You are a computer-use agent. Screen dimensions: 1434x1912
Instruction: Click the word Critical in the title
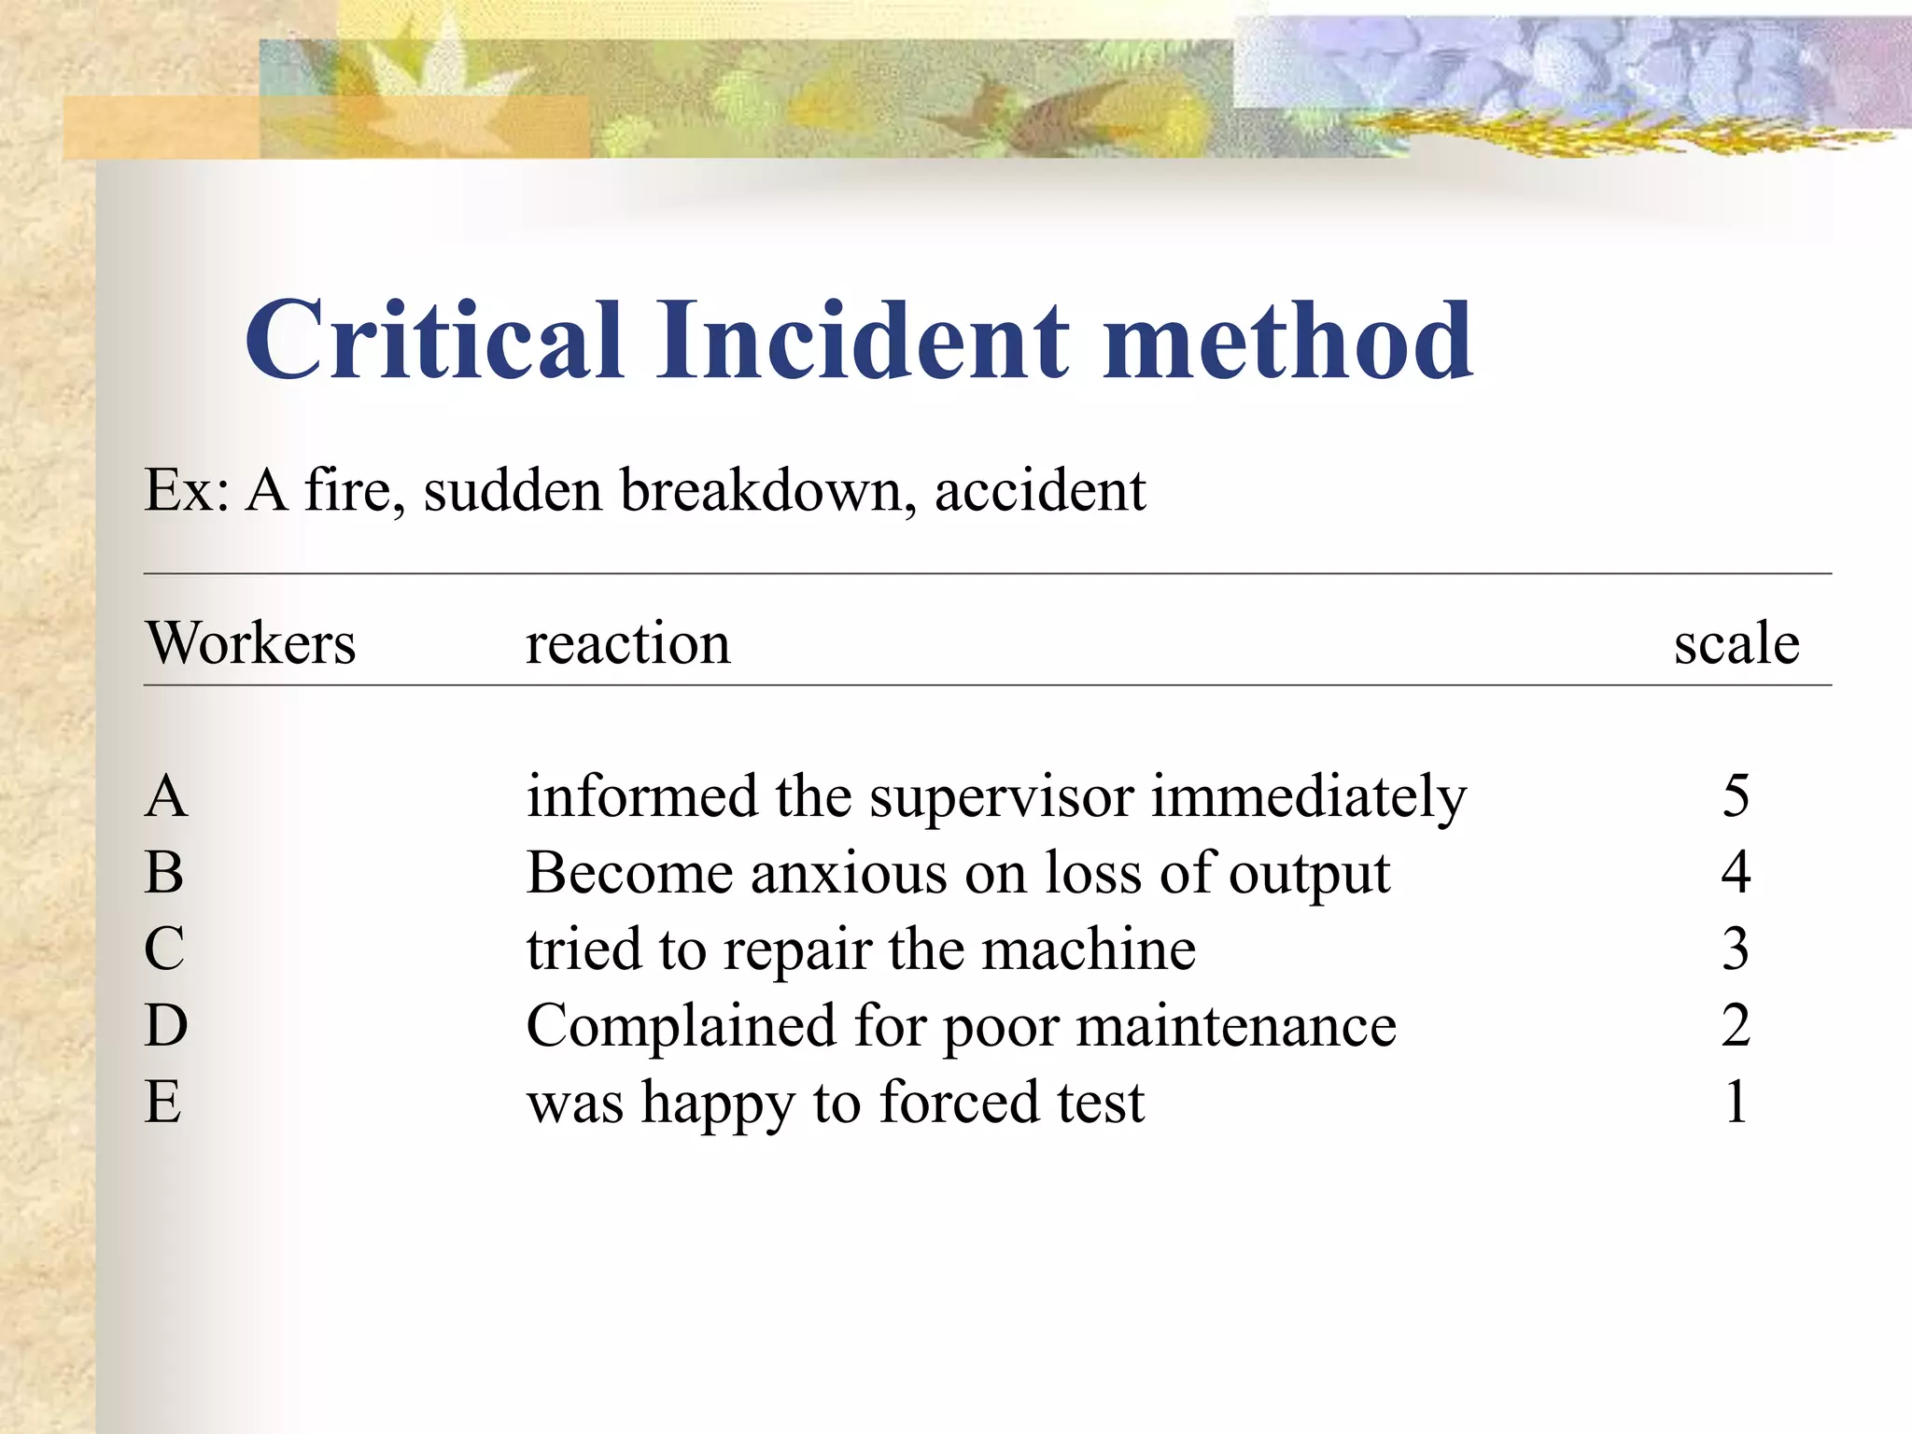click(x=434, y=340)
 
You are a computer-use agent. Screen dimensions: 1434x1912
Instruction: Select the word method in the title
click(x=1287, y=340)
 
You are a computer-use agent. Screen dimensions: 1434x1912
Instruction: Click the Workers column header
click(x=250, y=643)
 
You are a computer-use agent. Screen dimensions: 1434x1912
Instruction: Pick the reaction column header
click(x=627, y=643)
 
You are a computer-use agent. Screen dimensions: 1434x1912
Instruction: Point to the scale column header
click(x=1736, y=643)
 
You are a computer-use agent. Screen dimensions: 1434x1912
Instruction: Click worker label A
click(x=166, y=796)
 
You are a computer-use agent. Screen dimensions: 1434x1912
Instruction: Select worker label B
click(x=164, y=873)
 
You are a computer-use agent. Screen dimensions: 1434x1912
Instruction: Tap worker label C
click(x=164, y=949)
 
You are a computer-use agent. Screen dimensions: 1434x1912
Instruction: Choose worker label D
click(x=166, y=1025)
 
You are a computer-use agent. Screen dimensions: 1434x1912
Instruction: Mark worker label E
click(x=163, y=1102)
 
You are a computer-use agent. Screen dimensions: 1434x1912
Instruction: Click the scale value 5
click(x=1736, y=796)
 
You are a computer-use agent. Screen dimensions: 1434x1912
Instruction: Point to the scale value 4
click(x=1736, y=873)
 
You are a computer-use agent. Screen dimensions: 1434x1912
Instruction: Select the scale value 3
click(x=1736, y=949)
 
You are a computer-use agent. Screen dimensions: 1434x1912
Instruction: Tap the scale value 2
click(x=1736, y=1025)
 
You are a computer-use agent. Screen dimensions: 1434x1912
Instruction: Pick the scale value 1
click(x=1736, y=1102)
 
